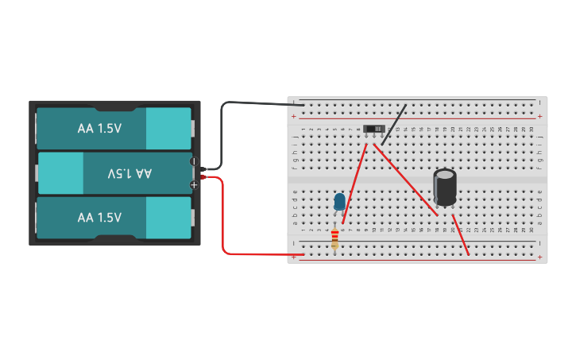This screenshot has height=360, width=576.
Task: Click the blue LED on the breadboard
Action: pyautogui.click(x=340, y=201)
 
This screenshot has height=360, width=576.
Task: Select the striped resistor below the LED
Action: pyautogui.click(x=334, y=238)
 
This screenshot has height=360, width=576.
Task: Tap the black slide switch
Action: pyautogui.click(x=373, y=129)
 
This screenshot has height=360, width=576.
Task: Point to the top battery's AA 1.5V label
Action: pyautogui.click(x=99, y=128)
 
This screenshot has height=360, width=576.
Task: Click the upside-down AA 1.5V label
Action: pyautogui.click(x=130, y=172)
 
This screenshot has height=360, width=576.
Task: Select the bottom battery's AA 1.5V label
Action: pyautogui.click(x=99, y=217)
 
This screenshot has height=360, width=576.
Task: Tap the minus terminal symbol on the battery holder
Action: pyautogui.click(x=193, y=161)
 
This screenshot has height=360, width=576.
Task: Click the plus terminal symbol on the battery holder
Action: pyautogui.click(x=193, y=184)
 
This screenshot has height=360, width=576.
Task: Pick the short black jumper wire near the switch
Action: pyautogui.click(x=394, y=124)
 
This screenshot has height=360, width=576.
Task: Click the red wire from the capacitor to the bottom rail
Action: pyautogui.click(x=461, y=235)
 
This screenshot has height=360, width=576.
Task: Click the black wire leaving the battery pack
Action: pyautogui.click(x=238, y=103)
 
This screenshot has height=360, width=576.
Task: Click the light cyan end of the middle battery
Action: pyautogui.click(x=60, y=172)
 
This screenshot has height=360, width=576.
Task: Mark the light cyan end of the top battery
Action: pyautogui.click(x=168, y=128)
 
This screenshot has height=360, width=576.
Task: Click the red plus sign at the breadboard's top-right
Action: pyautogui.click(x=539, y=116)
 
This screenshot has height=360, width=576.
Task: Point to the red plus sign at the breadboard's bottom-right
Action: pyautogui.click(x=539, y=257)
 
